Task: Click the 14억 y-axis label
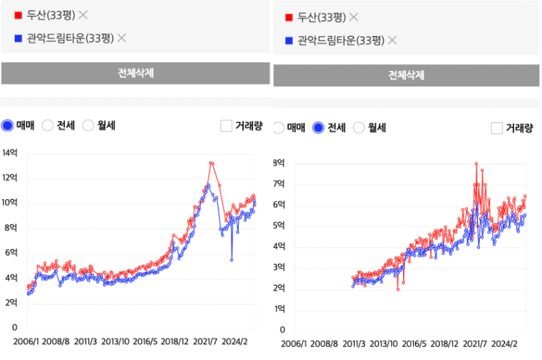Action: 10,153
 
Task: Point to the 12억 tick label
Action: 10,178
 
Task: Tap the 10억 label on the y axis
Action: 10,203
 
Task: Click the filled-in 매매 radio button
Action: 7,125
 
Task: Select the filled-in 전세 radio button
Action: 318,128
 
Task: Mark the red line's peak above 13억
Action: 211,163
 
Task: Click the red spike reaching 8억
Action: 476,164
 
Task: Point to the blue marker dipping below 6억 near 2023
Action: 232,259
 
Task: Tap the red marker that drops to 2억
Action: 398,289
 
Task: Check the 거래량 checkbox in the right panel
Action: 497,128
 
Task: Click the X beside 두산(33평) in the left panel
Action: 83,15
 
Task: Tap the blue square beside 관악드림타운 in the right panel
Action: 289,41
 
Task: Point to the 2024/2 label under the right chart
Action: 505,343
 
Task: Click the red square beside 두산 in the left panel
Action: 18,15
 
